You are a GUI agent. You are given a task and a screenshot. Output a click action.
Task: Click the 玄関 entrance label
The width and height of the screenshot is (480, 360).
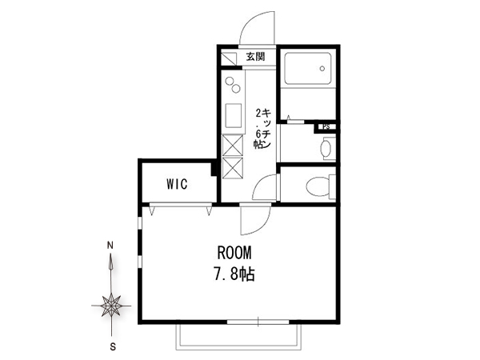tap(256, 57)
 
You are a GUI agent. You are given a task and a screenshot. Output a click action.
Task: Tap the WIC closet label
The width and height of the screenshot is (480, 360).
tap(177, 184)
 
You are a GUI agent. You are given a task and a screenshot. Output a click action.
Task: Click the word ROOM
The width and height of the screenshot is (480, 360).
tap(234, 253)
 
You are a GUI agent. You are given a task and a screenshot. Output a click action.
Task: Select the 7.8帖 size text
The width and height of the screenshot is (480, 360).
tap(234, 274)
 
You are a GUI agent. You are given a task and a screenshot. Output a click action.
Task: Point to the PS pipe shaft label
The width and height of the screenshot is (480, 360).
tap(326, 126)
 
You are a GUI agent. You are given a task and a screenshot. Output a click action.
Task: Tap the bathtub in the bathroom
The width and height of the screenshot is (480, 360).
tap(308, 69)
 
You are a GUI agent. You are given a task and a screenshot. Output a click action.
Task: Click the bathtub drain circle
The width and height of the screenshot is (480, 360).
tap(322, 69)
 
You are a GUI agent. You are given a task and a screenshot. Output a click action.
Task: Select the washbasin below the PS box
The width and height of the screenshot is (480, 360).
tap(326, 149)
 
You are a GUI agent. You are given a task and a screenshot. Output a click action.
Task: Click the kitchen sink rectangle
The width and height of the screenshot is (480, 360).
tap(234, 116)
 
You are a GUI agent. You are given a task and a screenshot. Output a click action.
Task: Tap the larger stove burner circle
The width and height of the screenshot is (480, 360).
tap(229, 81)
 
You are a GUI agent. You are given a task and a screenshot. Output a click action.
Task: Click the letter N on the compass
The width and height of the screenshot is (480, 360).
tap(110, 246)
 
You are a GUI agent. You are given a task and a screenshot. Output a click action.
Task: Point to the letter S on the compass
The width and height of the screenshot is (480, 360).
tap(113, 347)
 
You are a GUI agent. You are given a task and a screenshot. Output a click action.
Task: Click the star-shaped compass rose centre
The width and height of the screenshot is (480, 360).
tap(111, 306)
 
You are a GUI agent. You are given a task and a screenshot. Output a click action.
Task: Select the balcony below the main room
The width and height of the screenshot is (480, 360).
tap(238, 337)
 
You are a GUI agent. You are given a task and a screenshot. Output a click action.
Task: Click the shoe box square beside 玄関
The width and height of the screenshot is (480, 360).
tap(229, 58)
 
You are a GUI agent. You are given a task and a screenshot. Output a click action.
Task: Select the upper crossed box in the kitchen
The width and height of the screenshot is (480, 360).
tap(232, 146)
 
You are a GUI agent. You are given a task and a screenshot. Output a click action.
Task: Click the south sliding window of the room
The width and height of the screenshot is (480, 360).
tap(258, 322)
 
